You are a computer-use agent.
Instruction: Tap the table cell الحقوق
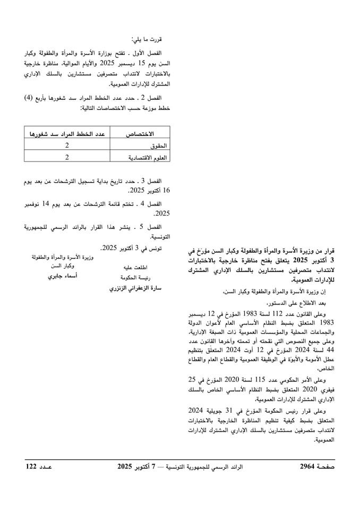(x=158, y=146)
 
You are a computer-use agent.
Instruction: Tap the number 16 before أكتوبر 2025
(x=166, y=190)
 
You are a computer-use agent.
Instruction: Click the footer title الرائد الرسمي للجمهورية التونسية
(x=212, y=466)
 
